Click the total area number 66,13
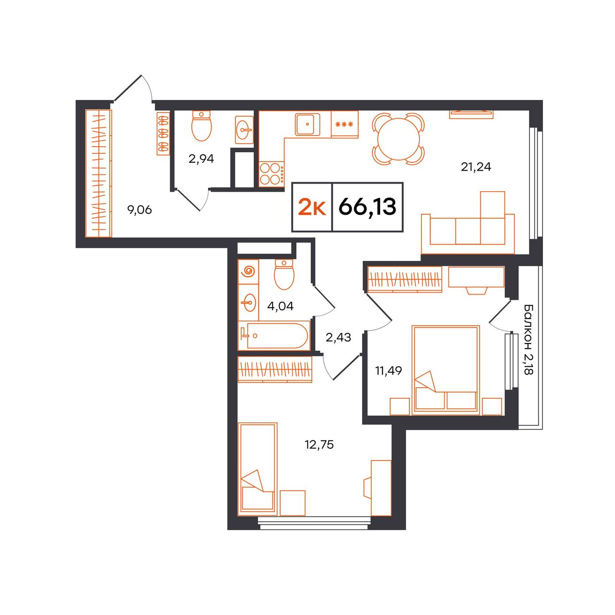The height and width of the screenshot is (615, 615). pyautogui.click(x=367, y=207)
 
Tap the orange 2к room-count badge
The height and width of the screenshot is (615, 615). pyautogui.click(x=312, y=207)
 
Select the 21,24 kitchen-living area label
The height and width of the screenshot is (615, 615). pyautogui.click(x=476, y=167)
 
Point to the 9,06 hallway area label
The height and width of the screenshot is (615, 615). pyautogui.click(x=139, y=210)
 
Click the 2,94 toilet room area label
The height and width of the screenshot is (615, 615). pyautogui.click(x=201, y=159)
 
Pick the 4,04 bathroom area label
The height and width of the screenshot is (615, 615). pyautogui.click(x=280, y=307)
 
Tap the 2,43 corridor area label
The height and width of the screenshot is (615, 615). pyautogui.click(x=338, y=337)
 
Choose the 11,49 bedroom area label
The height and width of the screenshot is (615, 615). pyautogui.click(x=388, y=370)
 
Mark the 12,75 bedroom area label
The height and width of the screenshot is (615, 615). pyautogui.click(x=320, y=444)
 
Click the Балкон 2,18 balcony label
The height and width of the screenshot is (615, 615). pyautogui.click(x=529, y=339)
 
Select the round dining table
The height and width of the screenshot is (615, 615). pyautogui.click(x=399, y=139)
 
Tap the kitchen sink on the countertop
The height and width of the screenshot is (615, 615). pyautogui.click(x=307, y=124)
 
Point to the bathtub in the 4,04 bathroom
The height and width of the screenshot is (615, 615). pyautogui.click(x=274, y=335)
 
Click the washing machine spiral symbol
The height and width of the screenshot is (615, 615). pyautogui.click(x=248, y=271)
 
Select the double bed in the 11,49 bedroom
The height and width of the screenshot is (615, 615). pyautogui.click(x=446, y=370)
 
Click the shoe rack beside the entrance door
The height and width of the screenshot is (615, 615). pyautogui.click(x=163, y=133)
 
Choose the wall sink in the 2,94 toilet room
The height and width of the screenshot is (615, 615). pyautogui.click(x=244, y=130)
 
